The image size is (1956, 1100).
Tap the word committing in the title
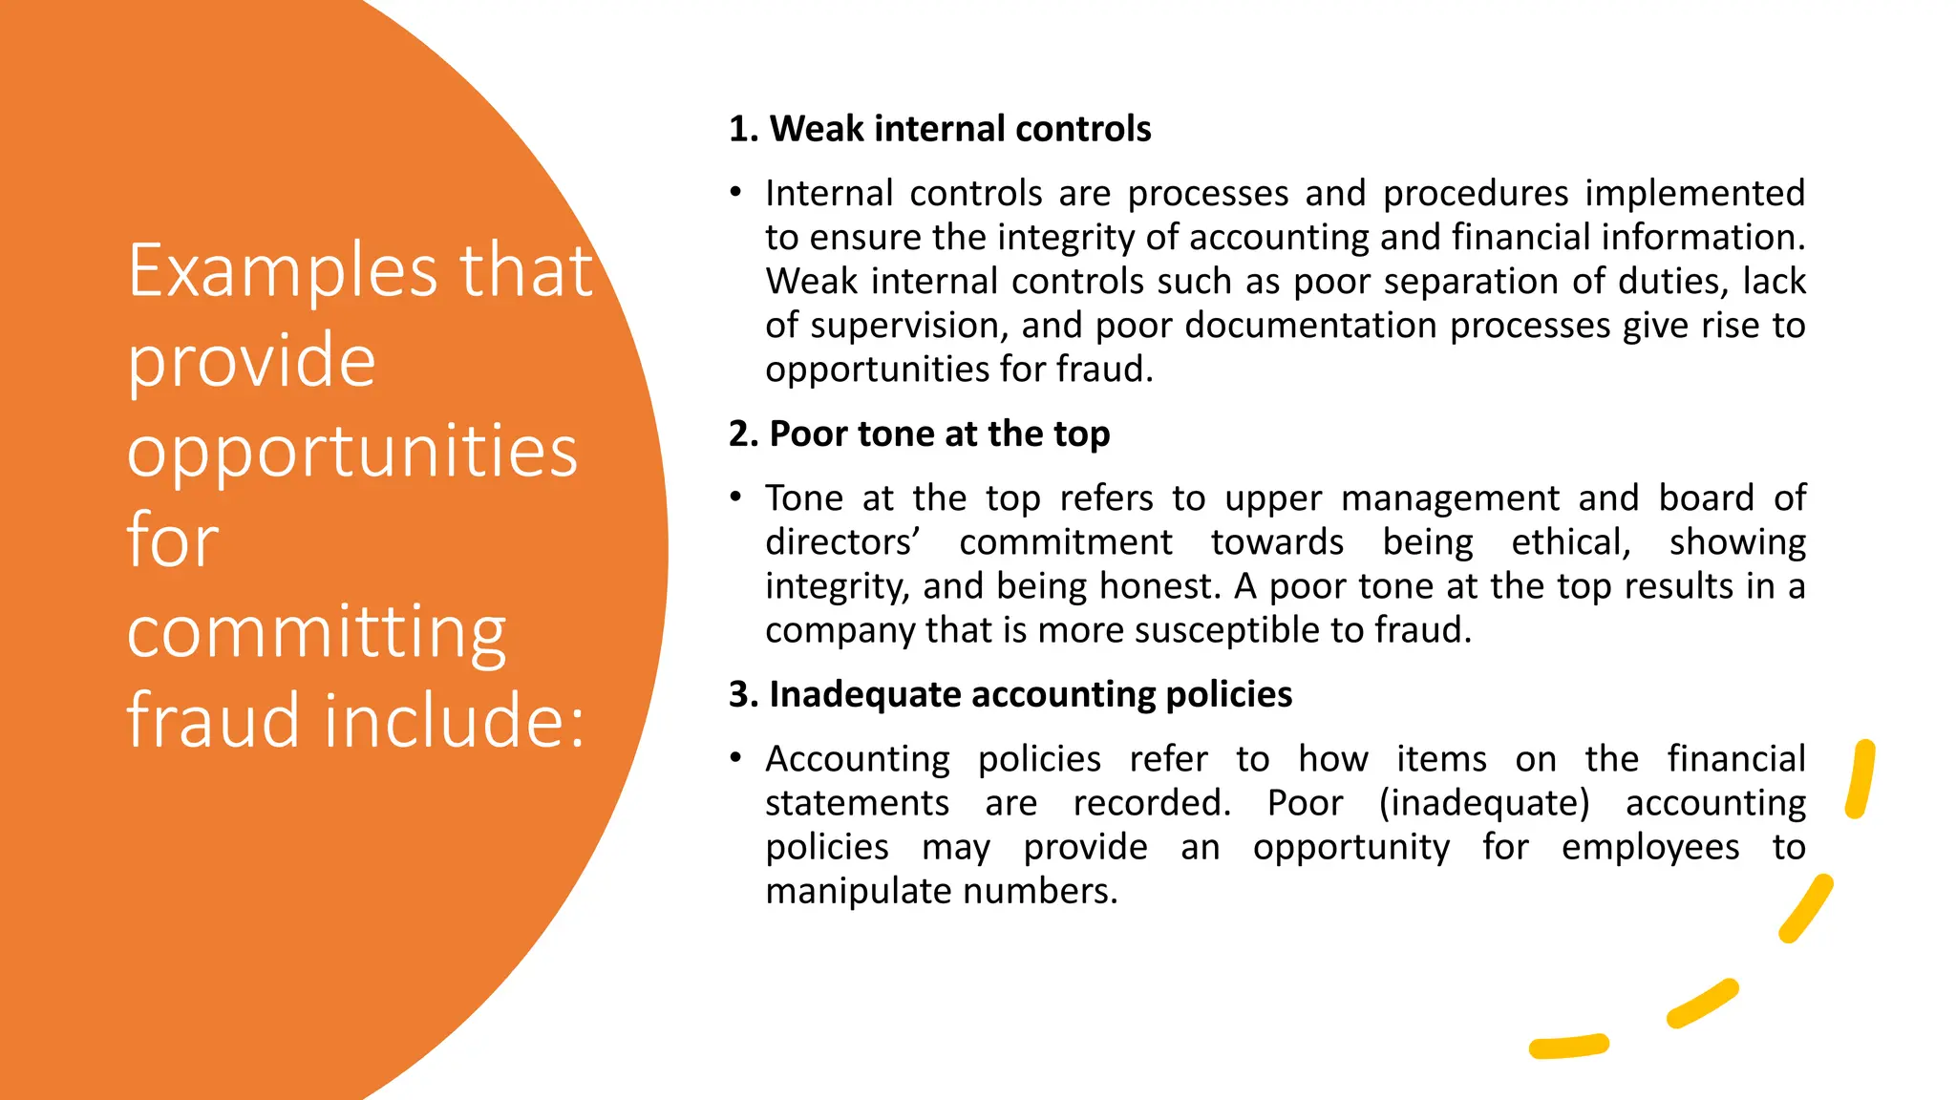point(316,632)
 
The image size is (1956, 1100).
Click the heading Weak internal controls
point(940,129)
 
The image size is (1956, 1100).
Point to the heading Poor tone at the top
point(919,434)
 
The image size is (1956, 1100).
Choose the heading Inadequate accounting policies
point(1010,694)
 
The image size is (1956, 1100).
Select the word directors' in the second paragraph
point(842,542)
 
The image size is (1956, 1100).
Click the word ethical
point(1570,542)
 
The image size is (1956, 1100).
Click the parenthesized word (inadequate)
point(1484,803)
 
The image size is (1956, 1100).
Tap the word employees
point(1650,847)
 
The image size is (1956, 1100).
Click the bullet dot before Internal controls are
point(735,193)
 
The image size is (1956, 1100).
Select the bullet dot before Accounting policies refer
point(735,758)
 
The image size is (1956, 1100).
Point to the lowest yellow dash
point(1568,1046)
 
